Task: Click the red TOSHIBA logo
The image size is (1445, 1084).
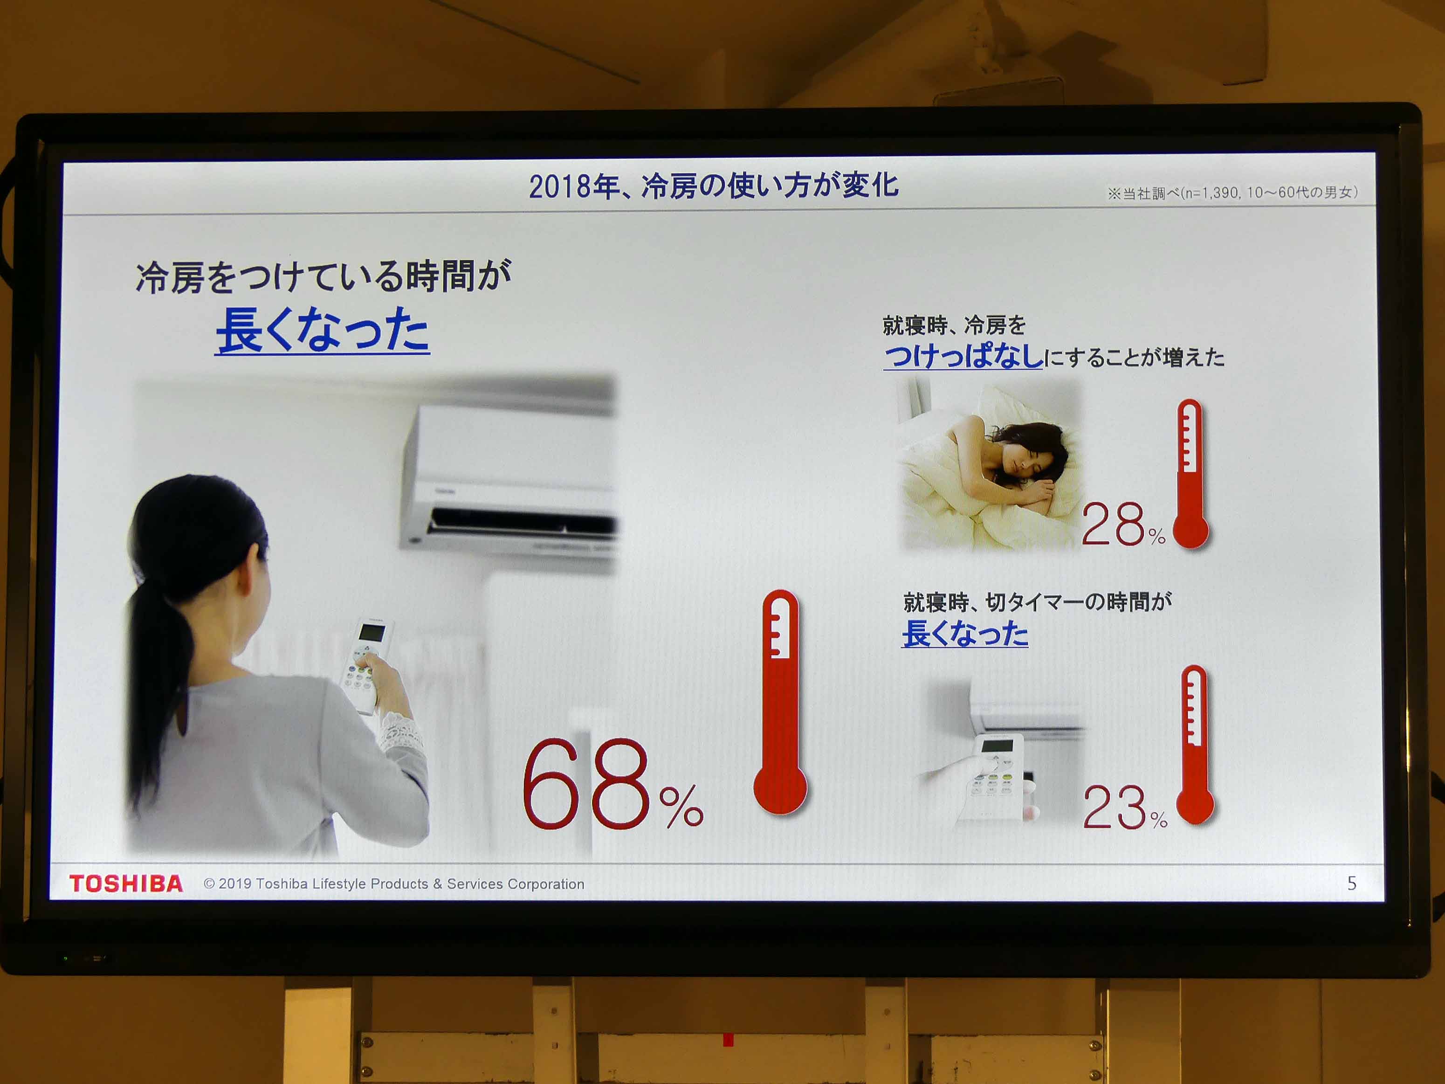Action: tap(126, 884)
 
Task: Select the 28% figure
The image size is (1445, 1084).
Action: tap(1123, 524)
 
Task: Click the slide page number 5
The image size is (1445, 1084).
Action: tap(1352, 884)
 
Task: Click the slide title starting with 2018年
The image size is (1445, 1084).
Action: tap(713, 186)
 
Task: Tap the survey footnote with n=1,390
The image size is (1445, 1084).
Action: tap(1232, 193)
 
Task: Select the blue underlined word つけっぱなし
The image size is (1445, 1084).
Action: tap(963, 356)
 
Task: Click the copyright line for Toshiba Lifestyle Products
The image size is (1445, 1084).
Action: tap(394, 884)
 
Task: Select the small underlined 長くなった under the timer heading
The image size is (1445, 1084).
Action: tap(965, 633)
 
